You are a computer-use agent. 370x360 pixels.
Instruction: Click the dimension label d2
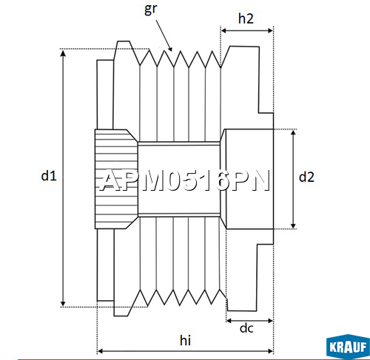click(307, 177)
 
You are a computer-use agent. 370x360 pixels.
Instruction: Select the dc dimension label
click(247, 327)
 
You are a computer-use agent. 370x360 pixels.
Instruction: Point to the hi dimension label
click(185, 340)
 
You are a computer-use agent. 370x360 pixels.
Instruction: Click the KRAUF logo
click(347, 345)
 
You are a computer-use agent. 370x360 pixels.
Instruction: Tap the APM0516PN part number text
click(185, 181)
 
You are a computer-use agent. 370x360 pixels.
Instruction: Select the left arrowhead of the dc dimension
click(229, 321)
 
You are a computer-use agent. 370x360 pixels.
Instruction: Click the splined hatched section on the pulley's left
click(115, 178)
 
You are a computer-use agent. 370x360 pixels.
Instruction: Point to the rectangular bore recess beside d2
click(248, 178)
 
